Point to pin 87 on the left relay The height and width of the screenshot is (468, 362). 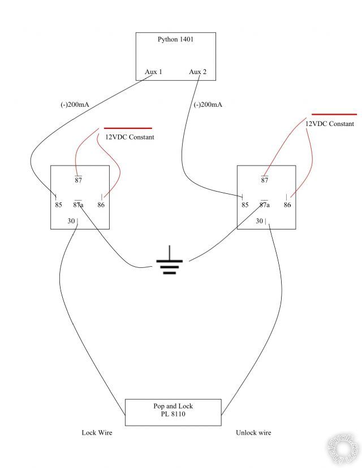79,180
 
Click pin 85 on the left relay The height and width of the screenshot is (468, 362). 58,205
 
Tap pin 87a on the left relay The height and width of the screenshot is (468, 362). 79,205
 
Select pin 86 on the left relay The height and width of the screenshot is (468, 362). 101,205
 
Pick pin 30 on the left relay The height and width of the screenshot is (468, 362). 71,221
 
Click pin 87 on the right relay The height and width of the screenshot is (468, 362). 264,180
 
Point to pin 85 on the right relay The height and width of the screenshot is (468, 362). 245,205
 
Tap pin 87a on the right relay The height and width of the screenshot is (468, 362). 264,205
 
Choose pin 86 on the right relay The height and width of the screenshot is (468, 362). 287,205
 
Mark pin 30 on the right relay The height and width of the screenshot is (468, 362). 259,221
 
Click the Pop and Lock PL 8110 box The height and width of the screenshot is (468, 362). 173,412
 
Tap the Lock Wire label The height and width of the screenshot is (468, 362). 97,433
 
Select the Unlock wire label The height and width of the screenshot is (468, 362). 253,433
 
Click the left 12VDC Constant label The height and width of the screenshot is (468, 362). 130,137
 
